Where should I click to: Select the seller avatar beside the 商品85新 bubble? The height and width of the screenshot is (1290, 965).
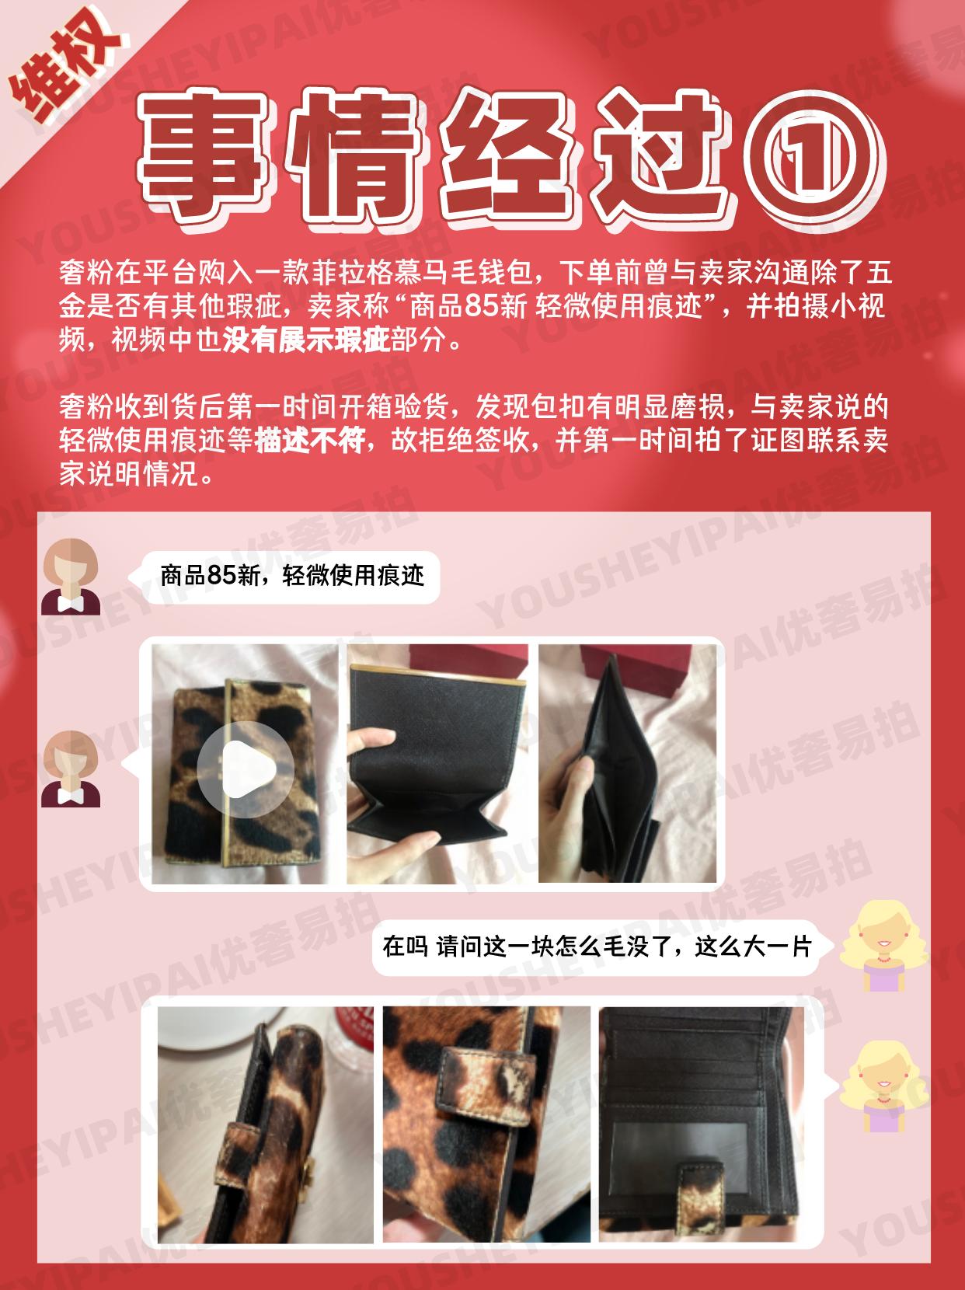(x=70, y=576)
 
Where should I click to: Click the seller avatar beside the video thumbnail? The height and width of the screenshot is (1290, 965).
(x=70, y=769)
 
